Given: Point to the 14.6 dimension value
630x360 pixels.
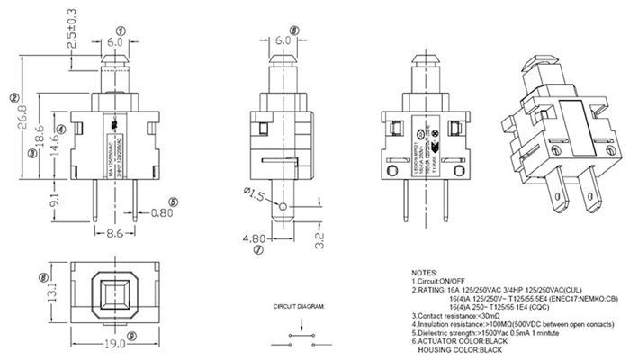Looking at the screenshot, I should click(x=56, y=141).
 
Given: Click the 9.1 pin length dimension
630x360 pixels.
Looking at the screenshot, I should click(x=56, y=200).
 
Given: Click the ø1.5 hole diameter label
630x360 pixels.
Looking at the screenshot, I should click(x=253, y=194).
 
